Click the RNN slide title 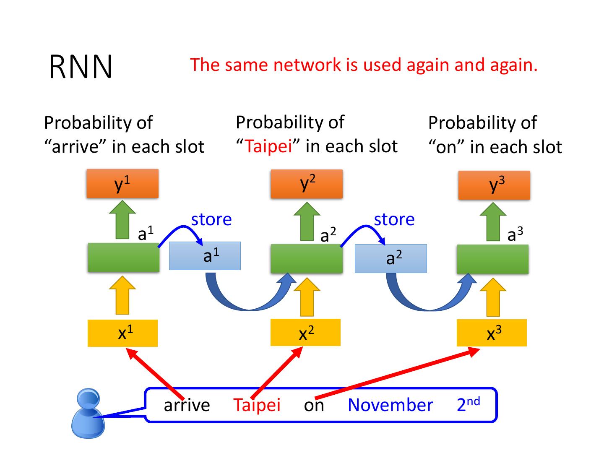tap(81, 67)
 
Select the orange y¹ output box tap(122, 184)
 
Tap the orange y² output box tap(307, 184)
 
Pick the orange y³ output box tap(494, 185)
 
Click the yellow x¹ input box tap(122, 333)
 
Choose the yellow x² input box tap(305, 333)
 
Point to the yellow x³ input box tap(492, 333)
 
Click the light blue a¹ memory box tap(205, 256)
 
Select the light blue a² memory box tap(391, 258)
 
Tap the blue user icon tap(88, 413)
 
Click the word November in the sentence tap(390, 405)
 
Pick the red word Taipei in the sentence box tap(257, 405)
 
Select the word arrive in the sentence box tap(187, 405)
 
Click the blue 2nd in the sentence tap(468, 404)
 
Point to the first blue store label tap(211, 219)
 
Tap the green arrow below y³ tap(493, 222)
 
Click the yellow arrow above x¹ tap(122, 295)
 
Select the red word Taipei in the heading tap(268, 146)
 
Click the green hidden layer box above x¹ tap(123, 258)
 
